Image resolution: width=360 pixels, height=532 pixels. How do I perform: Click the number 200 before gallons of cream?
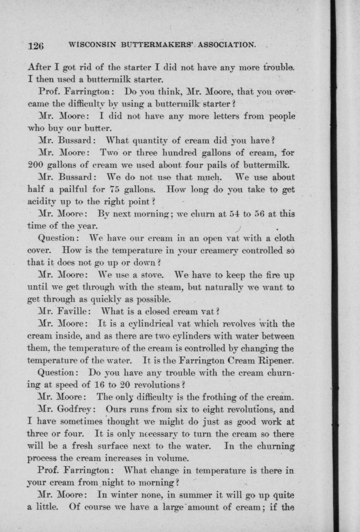[x=35, y=165]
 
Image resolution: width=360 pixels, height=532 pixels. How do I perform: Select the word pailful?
[x=74, y=190]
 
